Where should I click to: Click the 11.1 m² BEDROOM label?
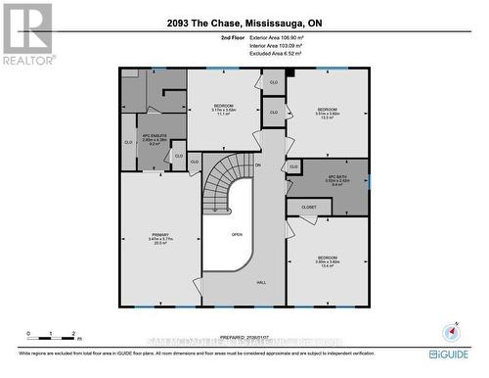224,110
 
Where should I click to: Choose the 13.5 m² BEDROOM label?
327,112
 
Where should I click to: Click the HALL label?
261,282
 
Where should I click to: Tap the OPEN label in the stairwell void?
237,235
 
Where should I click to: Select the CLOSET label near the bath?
309,207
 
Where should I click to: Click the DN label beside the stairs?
258,165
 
